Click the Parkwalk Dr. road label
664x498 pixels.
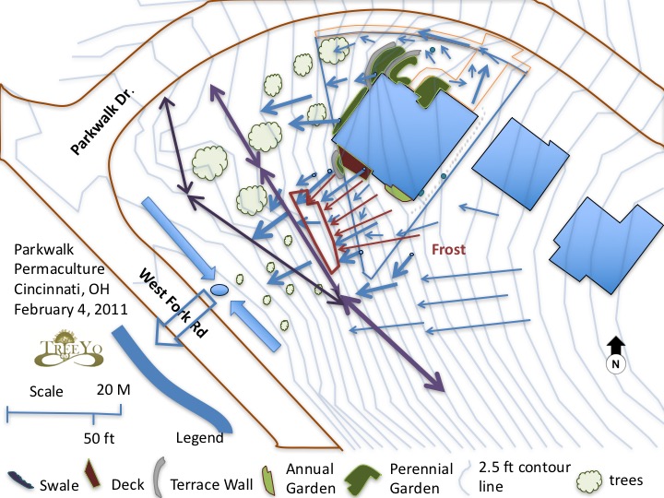coord(102,122)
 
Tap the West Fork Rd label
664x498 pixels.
coord(173,302)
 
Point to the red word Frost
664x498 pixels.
coord(448,249)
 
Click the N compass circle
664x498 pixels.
coord(616,363)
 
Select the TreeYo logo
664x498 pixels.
coord(68,348)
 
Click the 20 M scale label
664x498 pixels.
coord(113,389)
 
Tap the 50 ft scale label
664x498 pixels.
coord(99,438)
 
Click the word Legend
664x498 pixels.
coord(199,437)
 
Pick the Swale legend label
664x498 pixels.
coord(59,485)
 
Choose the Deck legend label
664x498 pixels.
coord(127,484)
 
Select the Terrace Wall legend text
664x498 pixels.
coord(211,484)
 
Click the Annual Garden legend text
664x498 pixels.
coord(311,479)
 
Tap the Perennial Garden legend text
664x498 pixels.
coord(421,479)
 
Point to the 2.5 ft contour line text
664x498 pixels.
coord(525,477)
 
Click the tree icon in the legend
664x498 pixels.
coord(589,482)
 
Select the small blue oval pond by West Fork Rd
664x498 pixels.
coord(219,290)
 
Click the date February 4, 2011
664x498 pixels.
coord(71,309)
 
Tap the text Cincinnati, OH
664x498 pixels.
coord(62,289)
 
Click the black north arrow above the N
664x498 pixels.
coord(616,346)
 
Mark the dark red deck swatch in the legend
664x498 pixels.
coord(92,473)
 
